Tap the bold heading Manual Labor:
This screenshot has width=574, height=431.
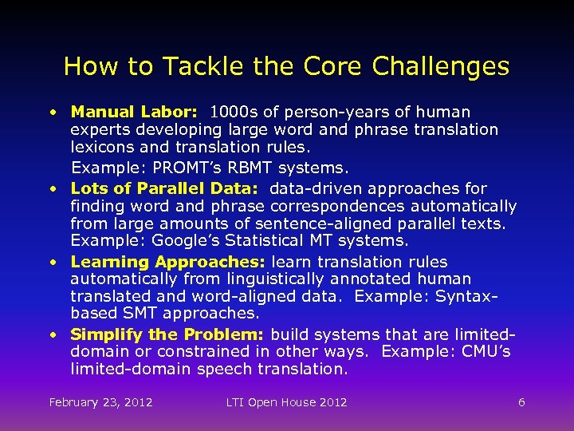(x=134, y=113)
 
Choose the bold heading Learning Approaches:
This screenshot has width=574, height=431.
(x=169, y=262)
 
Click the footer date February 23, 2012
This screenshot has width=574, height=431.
(x=100, y=402)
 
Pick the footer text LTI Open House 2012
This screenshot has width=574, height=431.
(x=286, y=402)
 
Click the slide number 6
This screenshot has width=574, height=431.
(x=521, y=402)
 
